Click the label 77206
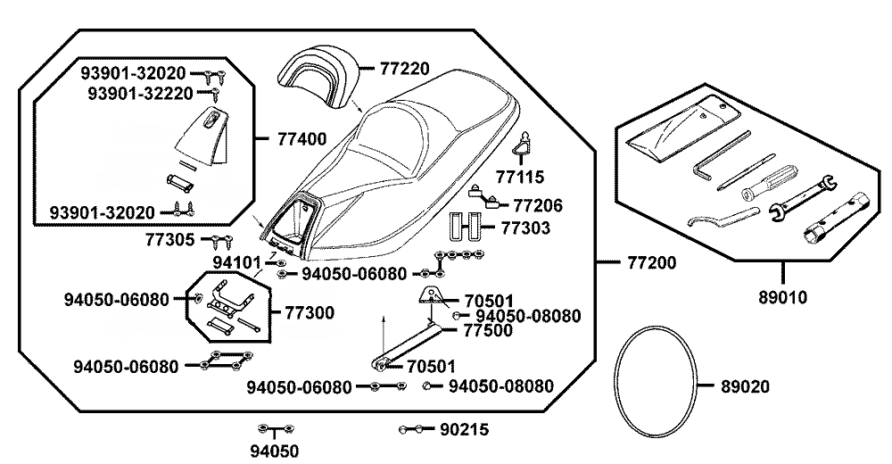coord(538,206)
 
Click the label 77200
coord(651,263)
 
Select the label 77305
coord(171,239)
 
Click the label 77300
coord(309,312)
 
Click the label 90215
coord(464,429)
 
